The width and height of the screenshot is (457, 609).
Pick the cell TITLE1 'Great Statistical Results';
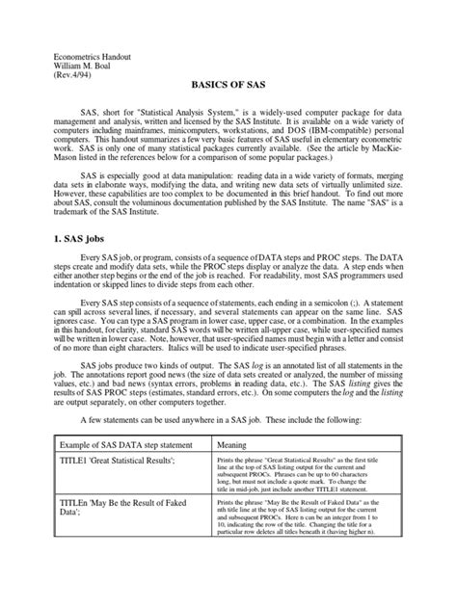pyautogui.click(x=110, y=489)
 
